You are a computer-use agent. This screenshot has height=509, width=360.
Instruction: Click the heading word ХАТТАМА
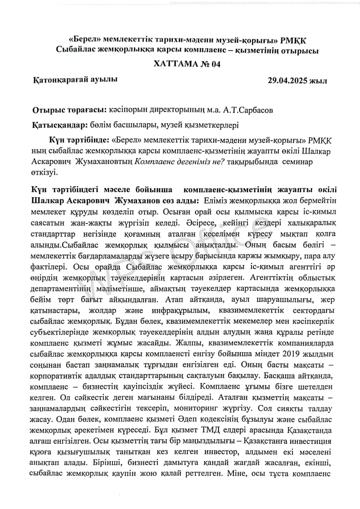click(x=170, y=64)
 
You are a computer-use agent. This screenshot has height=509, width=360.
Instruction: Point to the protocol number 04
click(x=214, y=64)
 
